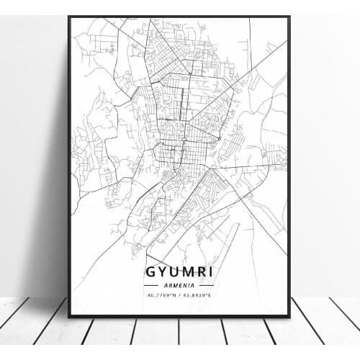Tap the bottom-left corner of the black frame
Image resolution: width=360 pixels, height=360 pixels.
(69, 318)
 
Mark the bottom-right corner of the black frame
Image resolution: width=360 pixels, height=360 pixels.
(290, 318)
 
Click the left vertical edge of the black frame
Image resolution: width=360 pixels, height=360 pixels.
(69, 166)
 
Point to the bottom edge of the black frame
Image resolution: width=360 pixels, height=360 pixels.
(180, 317)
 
